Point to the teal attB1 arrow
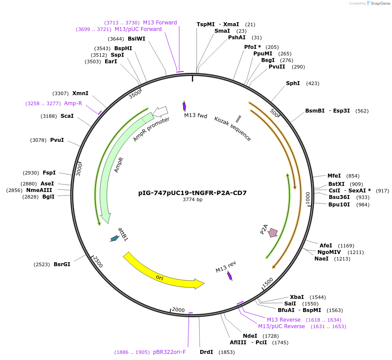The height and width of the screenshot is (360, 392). pos(114,238)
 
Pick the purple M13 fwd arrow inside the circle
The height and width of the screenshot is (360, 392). pos(184,106)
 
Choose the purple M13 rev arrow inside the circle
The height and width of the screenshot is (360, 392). pos(229,276)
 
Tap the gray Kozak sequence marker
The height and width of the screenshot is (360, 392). pos(238,119)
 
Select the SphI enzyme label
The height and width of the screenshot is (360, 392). pos(293,83)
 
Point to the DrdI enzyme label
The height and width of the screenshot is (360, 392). pos(206,352)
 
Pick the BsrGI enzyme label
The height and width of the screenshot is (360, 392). pos(62,264)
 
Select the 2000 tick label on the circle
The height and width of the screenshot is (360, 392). pos(178,310)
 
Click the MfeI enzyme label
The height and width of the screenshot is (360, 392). pos(334,176)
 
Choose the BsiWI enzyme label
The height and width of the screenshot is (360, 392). pos(136,39)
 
